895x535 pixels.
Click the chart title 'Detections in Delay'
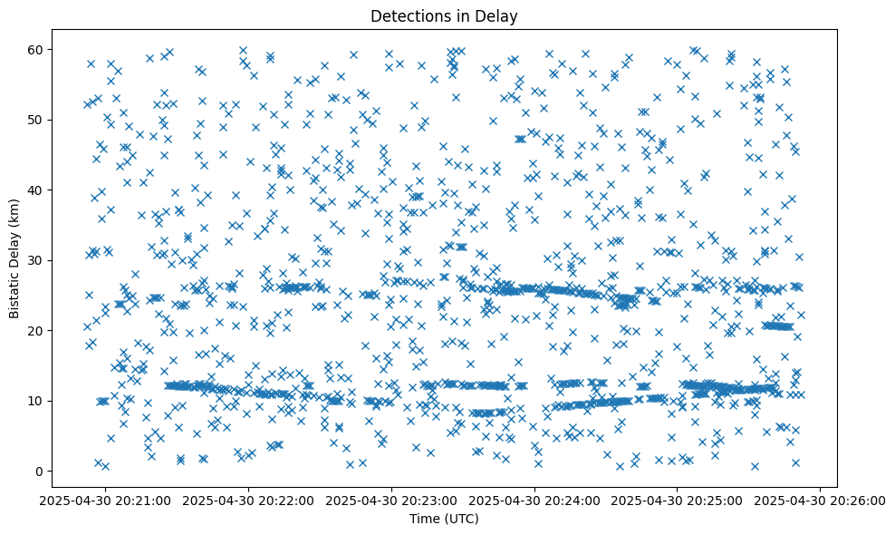click(444, 15)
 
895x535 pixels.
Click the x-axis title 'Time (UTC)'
click(444, 519)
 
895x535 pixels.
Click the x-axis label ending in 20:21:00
click(107, 501)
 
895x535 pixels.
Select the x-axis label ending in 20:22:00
click(249, 501)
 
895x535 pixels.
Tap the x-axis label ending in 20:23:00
click(392, 501)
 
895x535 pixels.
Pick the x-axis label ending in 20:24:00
click(535, 501)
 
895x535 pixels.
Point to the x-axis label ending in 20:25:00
click(678, 501)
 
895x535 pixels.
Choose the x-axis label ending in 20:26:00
click(821, 501)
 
